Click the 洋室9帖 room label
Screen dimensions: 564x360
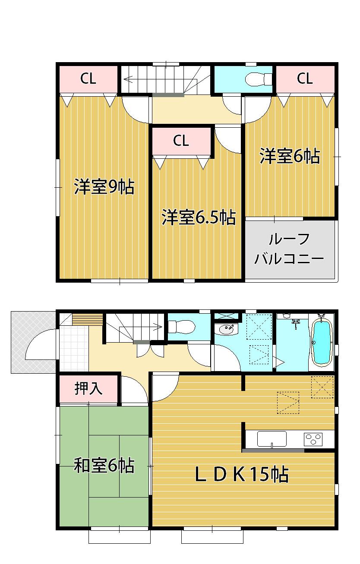click(104, 188)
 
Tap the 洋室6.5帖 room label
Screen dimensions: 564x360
click(199, 217)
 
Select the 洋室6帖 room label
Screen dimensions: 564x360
click(290, 156)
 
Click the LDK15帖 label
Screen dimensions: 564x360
click(241, 475)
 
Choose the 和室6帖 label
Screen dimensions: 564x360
click(104, 466)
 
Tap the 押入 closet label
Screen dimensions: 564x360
click(88, 389)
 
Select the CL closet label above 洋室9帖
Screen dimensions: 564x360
click(88, 79)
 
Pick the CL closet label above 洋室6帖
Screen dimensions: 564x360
click(304, 79)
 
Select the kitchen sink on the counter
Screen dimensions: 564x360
click(272, 439)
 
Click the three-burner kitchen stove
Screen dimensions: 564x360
click(314, 439)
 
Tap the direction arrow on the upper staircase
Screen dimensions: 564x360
click(129, 79)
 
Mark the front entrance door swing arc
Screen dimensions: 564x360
click(41, 345)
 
